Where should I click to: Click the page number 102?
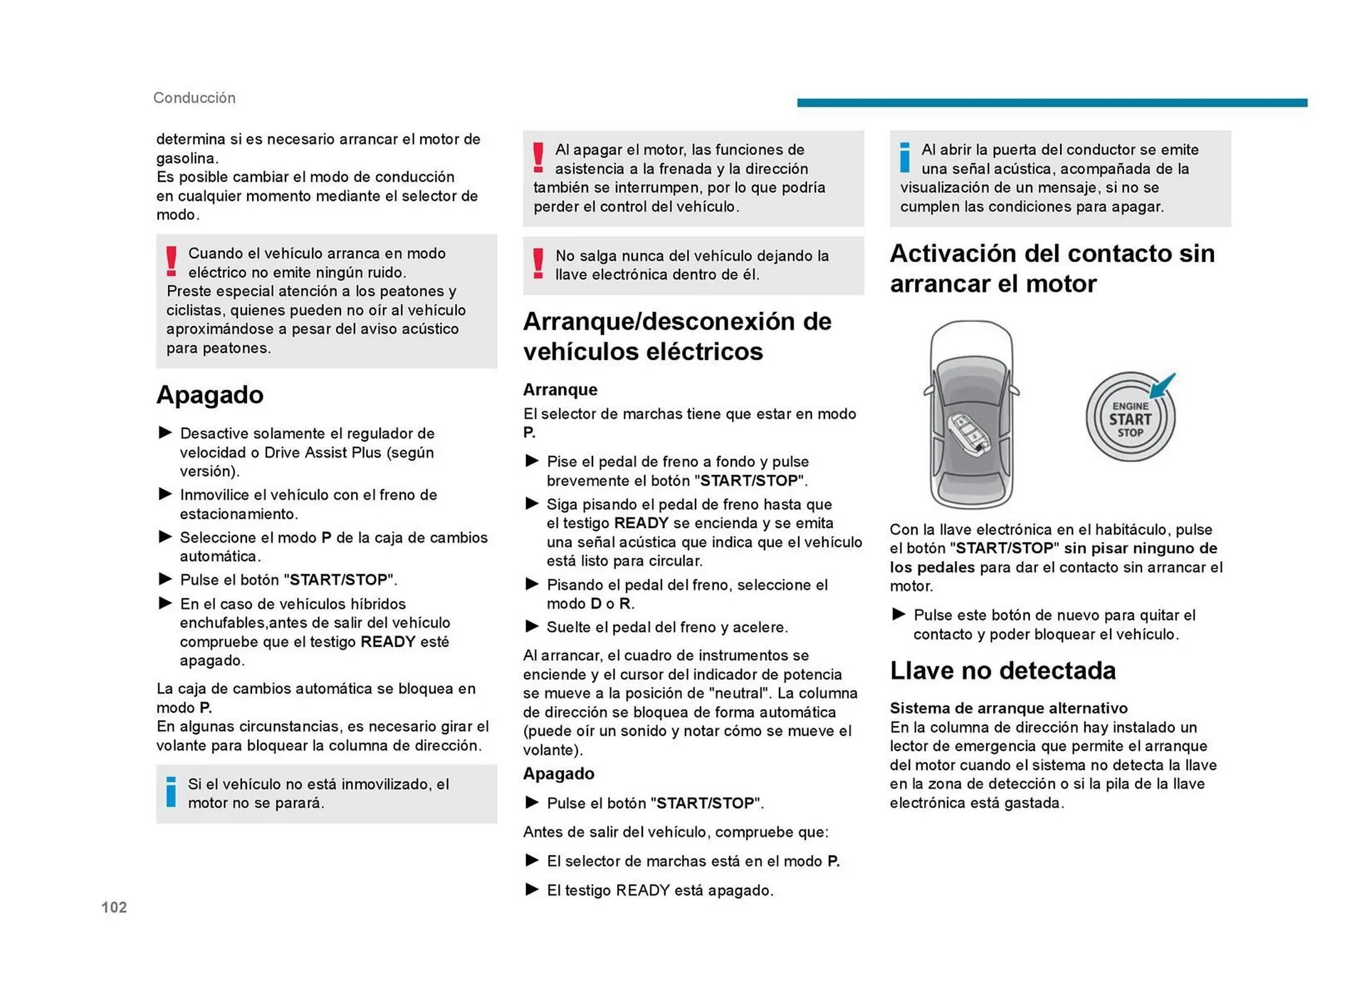(114, 907)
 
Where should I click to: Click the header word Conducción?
(194, 98)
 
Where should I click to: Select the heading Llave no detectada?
(1002, 671)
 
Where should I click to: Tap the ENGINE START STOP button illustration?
(1129, 418)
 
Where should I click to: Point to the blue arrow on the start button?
(1163, 386)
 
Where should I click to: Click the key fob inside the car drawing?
(969, 435)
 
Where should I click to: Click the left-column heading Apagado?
(209, 394)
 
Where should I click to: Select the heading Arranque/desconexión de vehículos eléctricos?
(676, 336)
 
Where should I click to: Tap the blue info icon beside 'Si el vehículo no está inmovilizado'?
(171, 792)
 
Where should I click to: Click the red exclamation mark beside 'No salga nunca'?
(538, 264)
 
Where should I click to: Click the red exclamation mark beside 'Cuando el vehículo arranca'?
(172, 262)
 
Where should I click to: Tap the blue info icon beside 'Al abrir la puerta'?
(904, 158)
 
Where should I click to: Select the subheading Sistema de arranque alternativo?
(1008, 708)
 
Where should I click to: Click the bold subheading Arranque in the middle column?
(560, 389)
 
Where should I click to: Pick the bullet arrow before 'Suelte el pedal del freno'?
(531, 626)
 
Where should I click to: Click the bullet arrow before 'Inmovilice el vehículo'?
(165, 494)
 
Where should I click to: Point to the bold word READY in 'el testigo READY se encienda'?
(641, 523)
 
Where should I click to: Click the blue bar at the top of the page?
(1052, 103)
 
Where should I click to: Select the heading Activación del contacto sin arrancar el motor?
(1052, 268)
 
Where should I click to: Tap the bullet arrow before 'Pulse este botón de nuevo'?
(899, 614)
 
